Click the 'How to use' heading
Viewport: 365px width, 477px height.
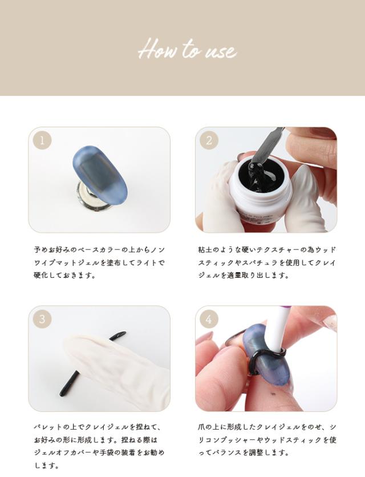187,50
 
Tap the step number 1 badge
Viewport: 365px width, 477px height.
42,140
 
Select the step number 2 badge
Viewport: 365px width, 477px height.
209,140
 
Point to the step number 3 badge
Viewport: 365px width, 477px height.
42,319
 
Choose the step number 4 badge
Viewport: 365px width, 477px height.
209,319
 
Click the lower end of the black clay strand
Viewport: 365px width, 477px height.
62,392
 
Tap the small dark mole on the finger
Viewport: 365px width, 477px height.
272,394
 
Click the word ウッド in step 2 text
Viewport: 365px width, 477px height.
326,250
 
